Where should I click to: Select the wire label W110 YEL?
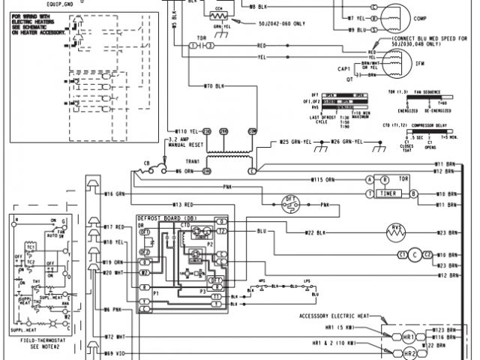(187, 131)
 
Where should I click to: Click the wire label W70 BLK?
(214, 86)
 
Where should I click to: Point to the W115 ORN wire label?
(328, 180)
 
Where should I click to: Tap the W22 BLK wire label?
(319, 233)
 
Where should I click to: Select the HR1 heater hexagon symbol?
(409, 337)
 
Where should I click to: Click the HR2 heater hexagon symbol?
(409, 353)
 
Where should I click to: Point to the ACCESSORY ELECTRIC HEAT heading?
(334, 316)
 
